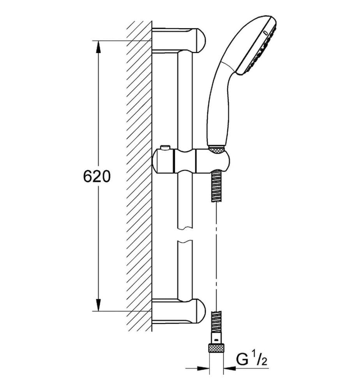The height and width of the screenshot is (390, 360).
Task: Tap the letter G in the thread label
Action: coord(242,359)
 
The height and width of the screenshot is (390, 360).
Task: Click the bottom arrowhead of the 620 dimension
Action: coord(98,305)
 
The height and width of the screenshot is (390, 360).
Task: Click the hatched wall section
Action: coord(139,175)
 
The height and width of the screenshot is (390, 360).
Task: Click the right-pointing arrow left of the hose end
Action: coord(201,368)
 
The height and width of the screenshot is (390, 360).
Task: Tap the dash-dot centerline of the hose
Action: coord(215,253)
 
